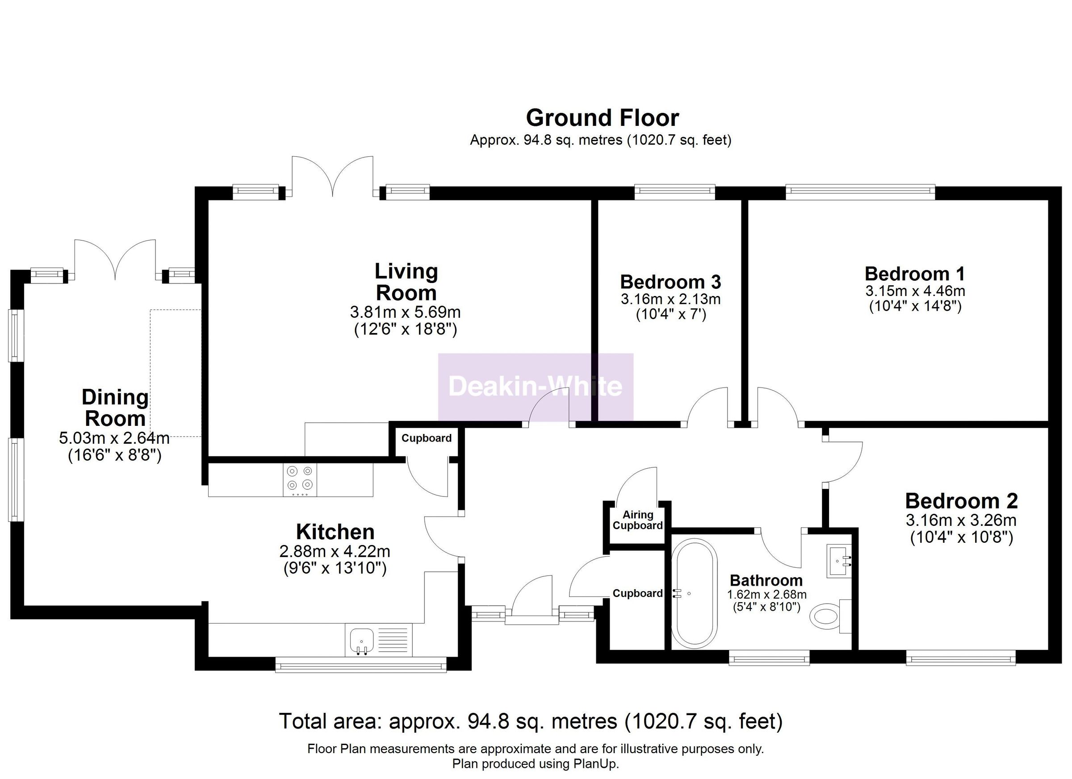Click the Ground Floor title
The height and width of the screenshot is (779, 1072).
pos(602,118)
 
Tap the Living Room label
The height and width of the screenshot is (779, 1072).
pos(406,282)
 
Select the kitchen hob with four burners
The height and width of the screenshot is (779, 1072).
pos(300,479)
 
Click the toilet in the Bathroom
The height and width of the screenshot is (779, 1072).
pos(828,617)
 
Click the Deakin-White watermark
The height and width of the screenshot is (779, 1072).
pos(535,387)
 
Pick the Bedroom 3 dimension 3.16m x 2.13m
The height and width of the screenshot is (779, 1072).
pos(670,299)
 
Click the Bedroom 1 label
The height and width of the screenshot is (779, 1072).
pos(915,274)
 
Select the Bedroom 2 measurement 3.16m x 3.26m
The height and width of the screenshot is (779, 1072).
pos(961,521)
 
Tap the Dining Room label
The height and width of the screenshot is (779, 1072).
pos(115,408)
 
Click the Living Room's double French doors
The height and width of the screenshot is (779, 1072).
pos(333,177)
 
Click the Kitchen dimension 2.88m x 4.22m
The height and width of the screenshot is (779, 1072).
pos(335,551)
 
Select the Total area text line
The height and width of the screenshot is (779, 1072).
pos(531,721)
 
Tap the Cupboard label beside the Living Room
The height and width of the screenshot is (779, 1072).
pos(426,438)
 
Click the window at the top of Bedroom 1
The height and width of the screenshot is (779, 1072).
pos(860,192)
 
